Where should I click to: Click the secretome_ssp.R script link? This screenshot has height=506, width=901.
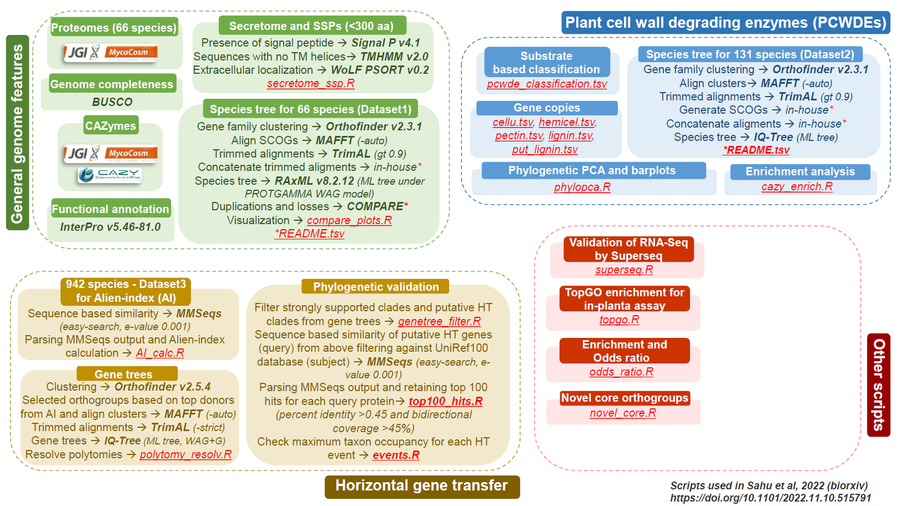(x=310, y=84)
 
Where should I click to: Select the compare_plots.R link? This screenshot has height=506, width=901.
(x=349, y=220)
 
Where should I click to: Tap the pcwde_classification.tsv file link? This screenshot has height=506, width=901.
(x=547, y=84)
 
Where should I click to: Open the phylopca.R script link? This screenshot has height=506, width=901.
(x=582, y=188)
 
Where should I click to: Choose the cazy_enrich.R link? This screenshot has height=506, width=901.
(x=797, y=186)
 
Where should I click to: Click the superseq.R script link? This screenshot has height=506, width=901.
(x=624, y=270)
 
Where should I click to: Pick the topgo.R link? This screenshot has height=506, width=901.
(x=619, y=320)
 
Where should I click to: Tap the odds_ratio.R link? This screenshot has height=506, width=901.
(x=621, y=372)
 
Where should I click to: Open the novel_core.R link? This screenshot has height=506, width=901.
(x=623, y=413)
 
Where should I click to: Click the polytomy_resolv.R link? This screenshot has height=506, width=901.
(x=185, y=454)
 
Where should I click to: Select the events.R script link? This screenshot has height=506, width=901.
(x=396, y=455)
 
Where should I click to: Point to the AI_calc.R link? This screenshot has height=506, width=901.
(x=160, y=353)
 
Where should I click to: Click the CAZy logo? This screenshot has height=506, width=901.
(x=110, y=175)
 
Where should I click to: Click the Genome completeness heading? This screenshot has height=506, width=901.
(x=112, y=84)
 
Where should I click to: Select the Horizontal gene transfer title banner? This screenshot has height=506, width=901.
(x=422, y=486)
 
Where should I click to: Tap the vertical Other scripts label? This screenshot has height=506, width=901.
(x=878, y=385)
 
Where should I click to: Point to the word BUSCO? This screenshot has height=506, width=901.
(x=112, y=102)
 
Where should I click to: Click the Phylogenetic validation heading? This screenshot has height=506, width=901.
(x=376, y=286)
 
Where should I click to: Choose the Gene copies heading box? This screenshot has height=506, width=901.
(x=547, y=108)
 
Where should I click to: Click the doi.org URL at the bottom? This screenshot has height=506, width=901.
(x=771, y=498)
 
